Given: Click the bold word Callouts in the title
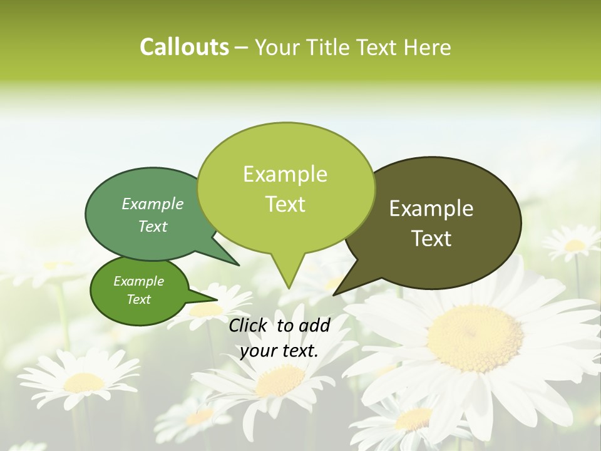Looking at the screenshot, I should tap(184, 48).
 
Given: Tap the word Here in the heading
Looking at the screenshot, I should tap(428, 48).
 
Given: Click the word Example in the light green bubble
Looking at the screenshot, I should tap(285, 174).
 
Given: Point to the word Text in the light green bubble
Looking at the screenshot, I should tap(285, 204).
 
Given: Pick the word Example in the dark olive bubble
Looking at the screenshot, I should tap(431, 209).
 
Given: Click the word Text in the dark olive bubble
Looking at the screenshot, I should tap(431, 239).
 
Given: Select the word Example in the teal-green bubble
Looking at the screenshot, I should tap(153, 204).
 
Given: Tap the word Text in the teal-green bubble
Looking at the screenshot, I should tap(153, 227).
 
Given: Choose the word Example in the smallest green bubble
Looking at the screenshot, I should tap(138, 281).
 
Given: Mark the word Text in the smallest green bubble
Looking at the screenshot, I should tap(138, 299).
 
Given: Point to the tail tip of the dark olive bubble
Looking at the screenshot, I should tap(334, 294).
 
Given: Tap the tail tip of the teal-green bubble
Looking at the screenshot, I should tap(239, 265).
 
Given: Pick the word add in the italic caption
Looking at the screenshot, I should tap(315, 325).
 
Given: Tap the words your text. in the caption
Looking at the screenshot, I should tap(279, 351).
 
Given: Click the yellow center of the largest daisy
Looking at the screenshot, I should tap(475, 338).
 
